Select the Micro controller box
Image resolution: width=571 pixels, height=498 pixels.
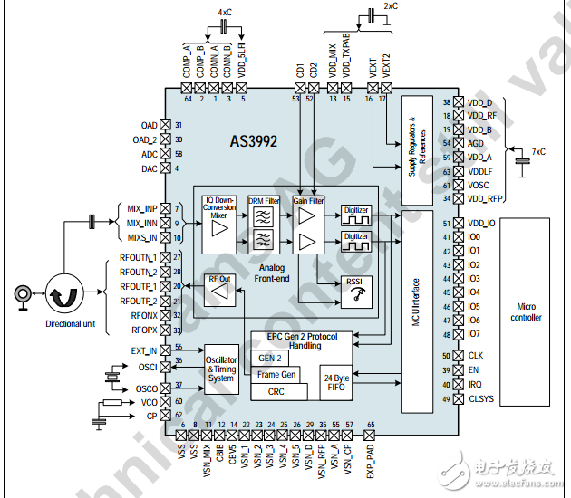(527, 312)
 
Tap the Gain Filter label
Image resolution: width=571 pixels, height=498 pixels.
(308, 200)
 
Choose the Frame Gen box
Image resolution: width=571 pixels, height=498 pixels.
(276, 374)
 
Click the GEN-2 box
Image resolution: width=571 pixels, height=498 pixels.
(270, 359)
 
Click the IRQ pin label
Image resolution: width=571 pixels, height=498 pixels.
(477, 385)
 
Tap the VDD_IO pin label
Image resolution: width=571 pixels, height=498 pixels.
(482, 223)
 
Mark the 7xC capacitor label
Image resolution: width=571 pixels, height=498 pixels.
(538, 152)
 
